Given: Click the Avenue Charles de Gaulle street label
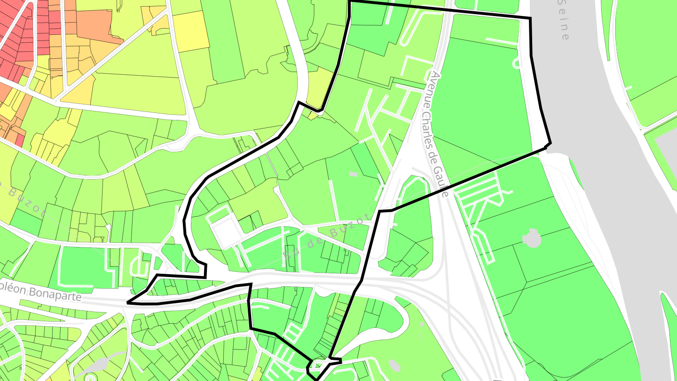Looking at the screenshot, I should tap(437, 134).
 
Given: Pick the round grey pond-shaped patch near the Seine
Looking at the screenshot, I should tap(532, 238).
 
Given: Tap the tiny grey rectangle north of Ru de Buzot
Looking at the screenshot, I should tap(353, 175).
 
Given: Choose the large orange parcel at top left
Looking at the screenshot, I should tap(96, 26).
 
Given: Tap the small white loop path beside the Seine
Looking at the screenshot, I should tap(516, 62).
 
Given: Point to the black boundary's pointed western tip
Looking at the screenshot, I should tap(128, 303).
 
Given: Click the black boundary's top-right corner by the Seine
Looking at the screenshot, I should tap(530, 19).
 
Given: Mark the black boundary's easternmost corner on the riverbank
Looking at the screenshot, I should tap(550, 142).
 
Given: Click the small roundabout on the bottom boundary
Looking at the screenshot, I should tap(320, 364).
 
